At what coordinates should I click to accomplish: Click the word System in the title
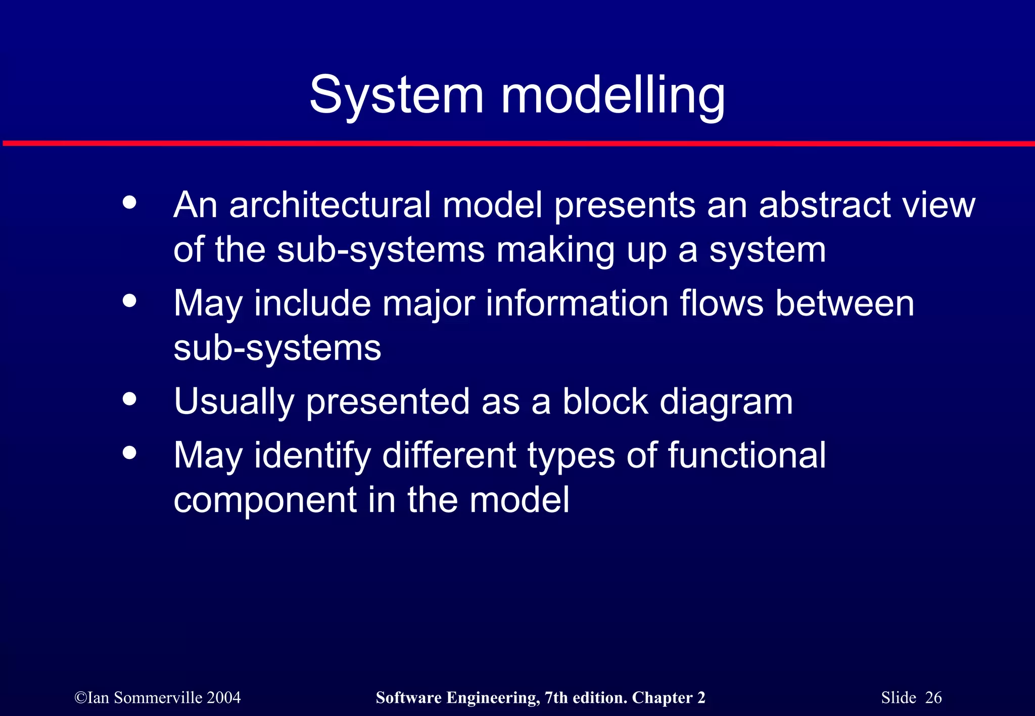pos(397,96)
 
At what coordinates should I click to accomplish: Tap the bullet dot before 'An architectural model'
pos(130,202)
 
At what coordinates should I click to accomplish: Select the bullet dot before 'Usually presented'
pos(130,399)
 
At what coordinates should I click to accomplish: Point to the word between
pos(844,303)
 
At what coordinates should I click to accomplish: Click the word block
pos(605,402)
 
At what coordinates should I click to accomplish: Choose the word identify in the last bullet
pos(312,456)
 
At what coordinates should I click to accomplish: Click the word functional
pos(747,455)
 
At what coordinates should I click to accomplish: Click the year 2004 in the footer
pos(223,698)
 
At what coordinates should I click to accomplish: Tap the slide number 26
pos(933,698)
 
